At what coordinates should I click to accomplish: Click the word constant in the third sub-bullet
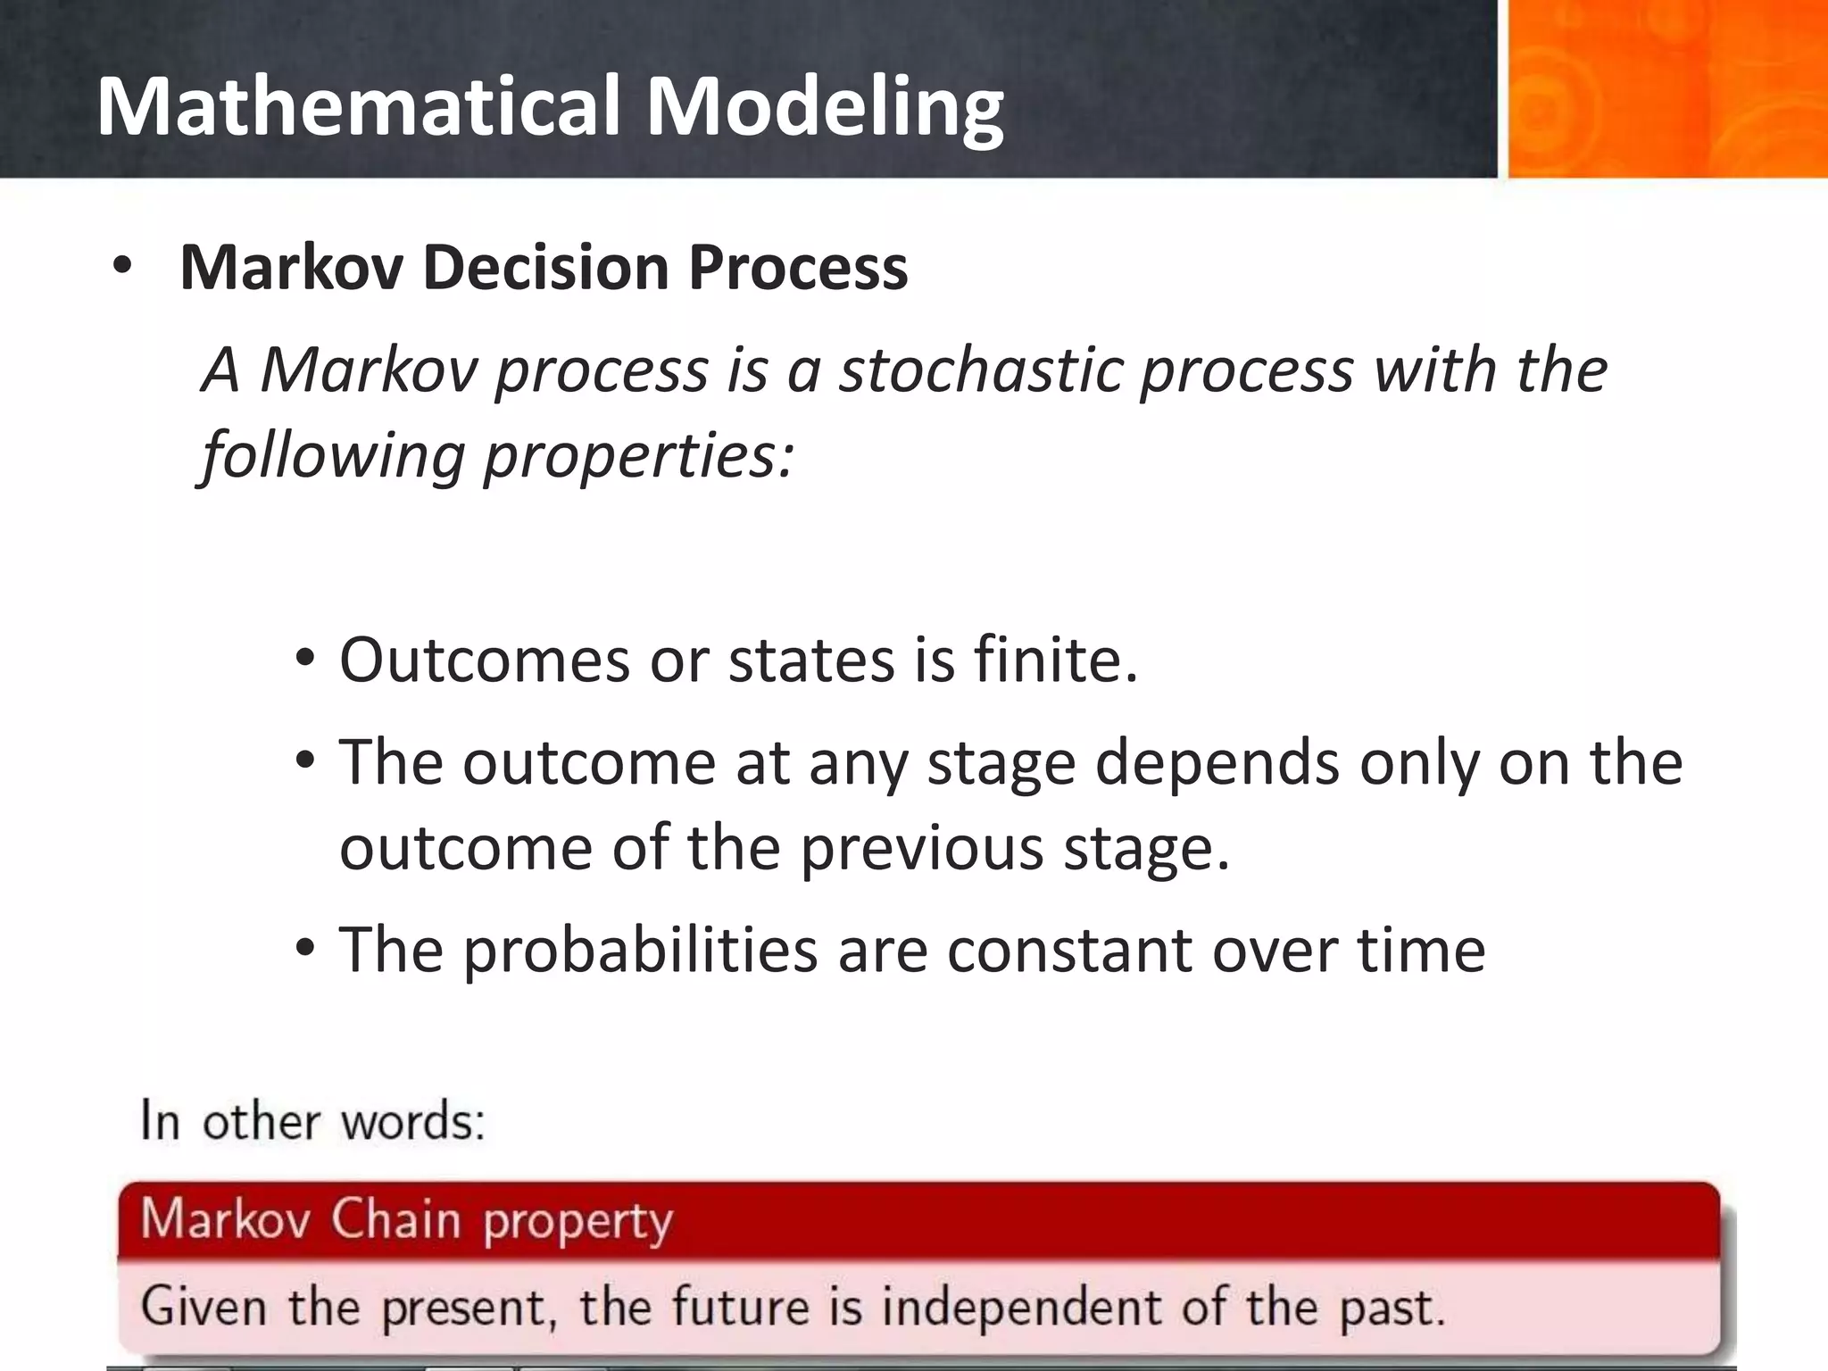[1068, 951]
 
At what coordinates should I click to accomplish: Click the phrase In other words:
[312, 1121]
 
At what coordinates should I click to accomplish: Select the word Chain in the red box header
[396, 1219]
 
